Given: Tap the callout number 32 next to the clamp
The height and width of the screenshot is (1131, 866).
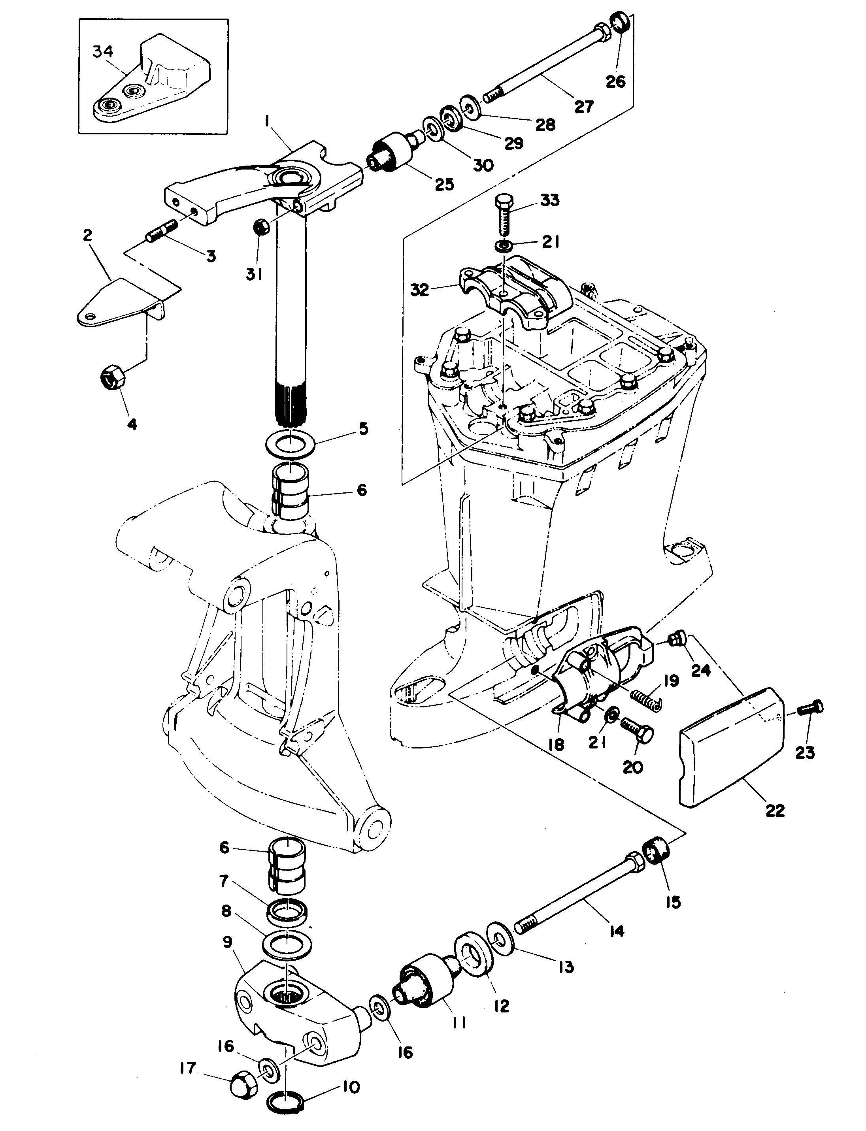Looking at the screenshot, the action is coord(420,290).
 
